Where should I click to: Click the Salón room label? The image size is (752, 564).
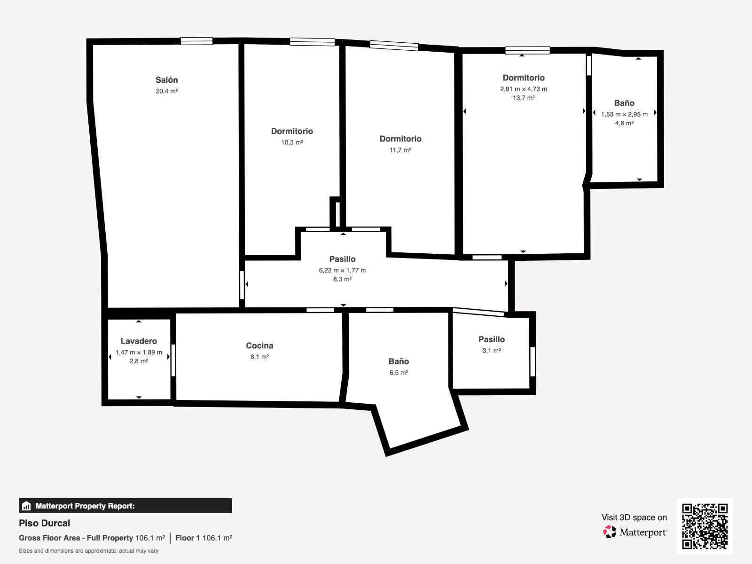pyautogui.click(x=166, y=80)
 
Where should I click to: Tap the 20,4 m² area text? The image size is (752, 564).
pyautogui.click(x=166, y=91)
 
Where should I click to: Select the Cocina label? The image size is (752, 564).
pyautogui.click(x=259, y=345)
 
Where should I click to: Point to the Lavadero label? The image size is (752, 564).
pyautogui.click(x=139, y=341)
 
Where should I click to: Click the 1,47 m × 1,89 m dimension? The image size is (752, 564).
pyautogui.click(x=139, y=352)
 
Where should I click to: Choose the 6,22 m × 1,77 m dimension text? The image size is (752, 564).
pyautogui.click(x=342, y=270)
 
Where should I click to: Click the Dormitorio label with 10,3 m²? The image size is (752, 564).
pyautogui.click(x=292, y=131)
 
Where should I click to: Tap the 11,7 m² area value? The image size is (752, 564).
pyautogui.click(x=400, y=150)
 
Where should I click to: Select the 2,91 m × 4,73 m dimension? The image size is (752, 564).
pyautogui.click(x=524, y=89)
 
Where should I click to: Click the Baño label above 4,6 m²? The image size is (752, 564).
pyautogui.click(x=624, y=103)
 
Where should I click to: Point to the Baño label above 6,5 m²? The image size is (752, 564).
pyautogui.click(x=399, y=361)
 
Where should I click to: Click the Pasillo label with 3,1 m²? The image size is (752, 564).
pyautogui.click(x=492, y=339)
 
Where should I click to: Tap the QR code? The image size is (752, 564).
pyautogui.click(x=705, y=526)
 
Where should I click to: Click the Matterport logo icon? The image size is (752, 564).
pyautogui.click(x=610, y=532)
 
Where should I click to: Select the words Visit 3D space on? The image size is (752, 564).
pyautogui.click(x=634, y=517)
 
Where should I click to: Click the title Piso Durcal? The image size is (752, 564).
pyautogui.click(x=45, y=523)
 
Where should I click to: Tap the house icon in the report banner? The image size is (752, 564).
pyautogui.click(x=26, y=506)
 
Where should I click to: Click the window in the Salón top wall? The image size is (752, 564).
pyautogui.click(x=196, y=41)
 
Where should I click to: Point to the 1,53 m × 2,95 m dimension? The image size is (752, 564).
pyautogui.click(x=624, y=114)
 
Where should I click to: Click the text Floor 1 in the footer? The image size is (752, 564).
pyautogui.click(x=188, y=538)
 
